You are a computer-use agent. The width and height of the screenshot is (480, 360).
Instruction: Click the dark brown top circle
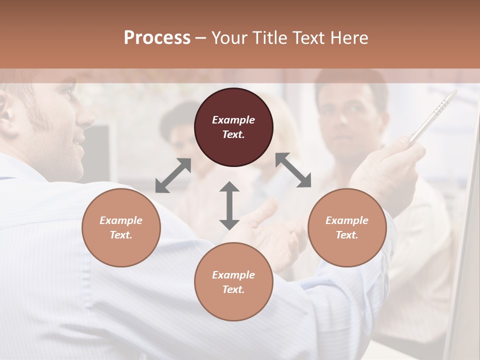point(233,127)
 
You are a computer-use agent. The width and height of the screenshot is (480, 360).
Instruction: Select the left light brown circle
point(121,227)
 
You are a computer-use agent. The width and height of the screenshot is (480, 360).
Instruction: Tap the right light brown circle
point(347,227)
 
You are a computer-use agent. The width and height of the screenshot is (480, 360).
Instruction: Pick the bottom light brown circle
point(233,282)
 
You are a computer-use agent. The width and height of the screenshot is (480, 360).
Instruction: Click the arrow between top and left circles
point(173,175)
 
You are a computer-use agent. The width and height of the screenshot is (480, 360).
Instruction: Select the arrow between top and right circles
point(293,170)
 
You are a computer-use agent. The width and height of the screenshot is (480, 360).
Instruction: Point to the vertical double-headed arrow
point(229,205)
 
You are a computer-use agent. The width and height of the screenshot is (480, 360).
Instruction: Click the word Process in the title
point(157,38)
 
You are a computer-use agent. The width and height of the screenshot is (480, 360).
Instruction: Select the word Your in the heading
point(229,38)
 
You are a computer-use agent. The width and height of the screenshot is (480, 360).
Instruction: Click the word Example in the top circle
point(233,120)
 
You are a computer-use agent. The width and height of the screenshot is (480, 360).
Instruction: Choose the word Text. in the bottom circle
point(233,289)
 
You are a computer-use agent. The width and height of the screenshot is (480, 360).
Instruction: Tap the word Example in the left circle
point(121,220)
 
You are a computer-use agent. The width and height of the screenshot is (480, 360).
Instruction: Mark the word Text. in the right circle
point(347,235)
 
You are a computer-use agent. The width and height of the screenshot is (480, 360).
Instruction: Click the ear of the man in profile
point(4,112)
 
